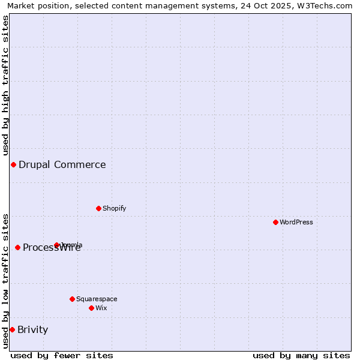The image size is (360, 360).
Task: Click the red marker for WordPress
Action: [275, 222]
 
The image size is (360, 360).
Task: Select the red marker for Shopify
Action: [98, 208]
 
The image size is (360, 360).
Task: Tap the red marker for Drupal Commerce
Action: [13, 164]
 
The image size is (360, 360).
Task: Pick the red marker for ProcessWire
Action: [17, 247]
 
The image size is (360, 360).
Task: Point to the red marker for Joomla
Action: [57, 245]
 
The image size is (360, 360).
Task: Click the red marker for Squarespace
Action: [72, 299]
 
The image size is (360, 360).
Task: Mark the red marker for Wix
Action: [91, 308]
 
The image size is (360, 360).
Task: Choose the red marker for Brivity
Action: [12, 329]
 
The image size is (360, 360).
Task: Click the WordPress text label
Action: [296, 222]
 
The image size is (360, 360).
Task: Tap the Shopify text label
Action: [115, 208]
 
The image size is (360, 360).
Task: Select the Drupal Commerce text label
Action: [62, 164]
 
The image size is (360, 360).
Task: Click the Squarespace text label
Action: [97, 299]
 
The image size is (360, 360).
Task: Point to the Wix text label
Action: [101, 308]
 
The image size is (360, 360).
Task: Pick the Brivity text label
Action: [33, 329]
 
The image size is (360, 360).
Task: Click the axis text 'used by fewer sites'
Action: [62, 355]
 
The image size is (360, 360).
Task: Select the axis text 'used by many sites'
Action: [301, 355]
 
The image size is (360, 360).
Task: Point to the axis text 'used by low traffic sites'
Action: [5, 280]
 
